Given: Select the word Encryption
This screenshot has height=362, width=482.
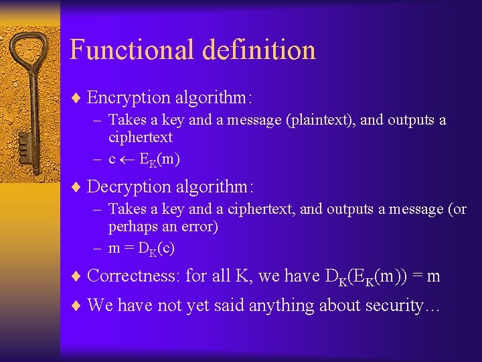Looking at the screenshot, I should [129, 98].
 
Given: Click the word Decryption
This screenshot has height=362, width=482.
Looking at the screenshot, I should [129, 186].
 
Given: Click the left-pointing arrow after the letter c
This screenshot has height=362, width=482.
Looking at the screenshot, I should [127, 160].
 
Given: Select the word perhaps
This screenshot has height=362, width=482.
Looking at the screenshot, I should [133, 227].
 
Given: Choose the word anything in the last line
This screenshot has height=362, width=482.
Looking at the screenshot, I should [278, 306].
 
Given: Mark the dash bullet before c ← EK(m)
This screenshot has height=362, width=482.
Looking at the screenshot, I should [96, 160].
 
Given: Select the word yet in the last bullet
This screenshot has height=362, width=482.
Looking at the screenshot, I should [198, 306].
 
